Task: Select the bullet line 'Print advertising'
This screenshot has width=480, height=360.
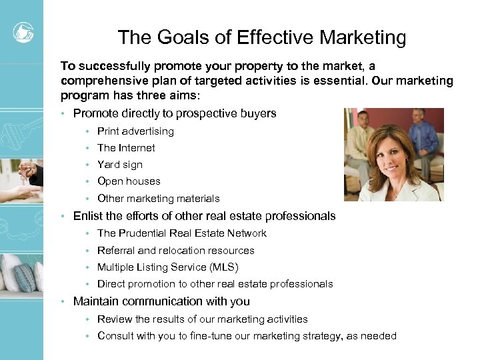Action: click(x=135, y=131)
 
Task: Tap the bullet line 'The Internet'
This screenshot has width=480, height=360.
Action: click(x=126, y=148)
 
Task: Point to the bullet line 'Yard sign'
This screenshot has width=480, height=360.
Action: click(x=120, y=165)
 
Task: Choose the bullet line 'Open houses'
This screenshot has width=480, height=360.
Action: click(x=129, y=181)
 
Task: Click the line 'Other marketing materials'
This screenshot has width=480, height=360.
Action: click(x=158, y=199)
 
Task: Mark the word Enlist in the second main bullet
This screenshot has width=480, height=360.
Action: click(x=88, y=216)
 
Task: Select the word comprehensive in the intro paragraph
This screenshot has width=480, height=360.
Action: click(x=100, y=81)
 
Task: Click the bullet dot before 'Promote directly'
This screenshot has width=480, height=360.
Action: click(x=63, y=114)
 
